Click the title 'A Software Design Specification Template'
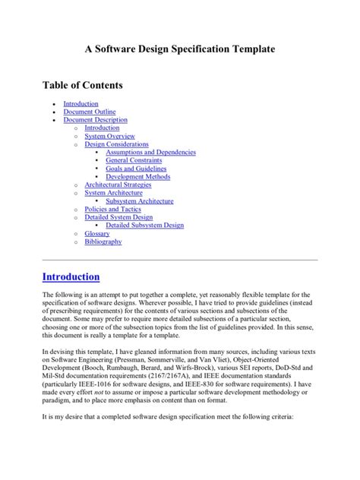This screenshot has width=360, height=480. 179,49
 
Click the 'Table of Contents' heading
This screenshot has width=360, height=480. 82,85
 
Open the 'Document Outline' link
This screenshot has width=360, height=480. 89,112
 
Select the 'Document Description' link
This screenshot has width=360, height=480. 95,120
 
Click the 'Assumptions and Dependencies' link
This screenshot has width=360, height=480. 150,153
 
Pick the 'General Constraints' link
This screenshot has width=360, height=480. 134,160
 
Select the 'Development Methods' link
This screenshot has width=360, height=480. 137,177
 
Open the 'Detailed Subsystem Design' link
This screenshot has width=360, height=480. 144,226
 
